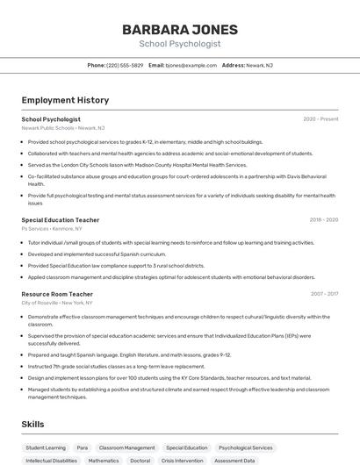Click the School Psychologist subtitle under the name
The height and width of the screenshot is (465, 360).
[180, 44]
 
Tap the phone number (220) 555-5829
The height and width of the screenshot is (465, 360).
[124, 65]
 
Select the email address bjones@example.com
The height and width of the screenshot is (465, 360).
[191, 65]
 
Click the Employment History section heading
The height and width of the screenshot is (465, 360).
[65, 100]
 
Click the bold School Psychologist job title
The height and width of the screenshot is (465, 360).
[51, 119]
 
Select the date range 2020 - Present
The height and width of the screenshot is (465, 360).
[320, 119]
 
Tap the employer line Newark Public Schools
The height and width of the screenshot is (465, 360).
[62, 128]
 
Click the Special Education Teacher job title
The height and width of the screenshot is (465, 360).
[61, 220]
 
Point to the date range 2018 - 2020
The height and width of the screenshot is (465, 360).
[323, 220]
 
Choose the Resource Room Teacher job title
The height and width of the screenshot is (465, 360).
[57, 294]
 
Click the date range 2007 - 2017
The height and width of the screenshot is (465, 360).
[324, 294]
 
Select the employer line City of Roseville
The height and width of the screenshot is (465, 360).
[57, 303]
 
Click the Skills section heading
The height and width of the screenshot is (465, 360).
[32, 425]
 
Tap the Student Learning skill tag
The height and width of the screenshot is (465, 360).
[45, 447]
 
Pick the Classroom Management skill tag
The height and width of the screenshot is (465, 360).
[126, 447]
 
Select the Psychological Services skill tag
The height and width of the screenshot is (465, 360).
[245, 447]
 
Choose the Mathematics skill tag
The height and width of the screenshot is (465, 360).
[104, 461]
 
